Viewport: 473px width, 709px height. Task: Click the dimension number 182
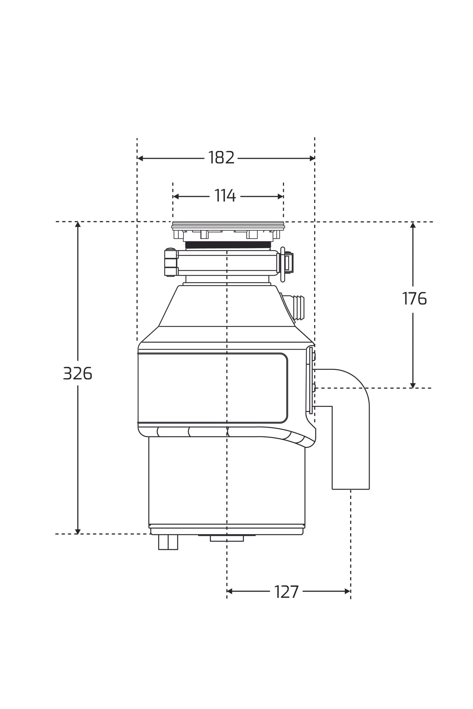click(x=222, y=158)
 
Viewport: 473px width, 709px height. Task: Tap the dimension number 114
click(x=225, y=196)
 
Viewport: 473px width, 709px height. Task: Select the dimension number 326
click(x=78, y=373)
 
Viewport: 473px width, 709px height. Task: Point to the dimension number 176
click(x=414, y=299)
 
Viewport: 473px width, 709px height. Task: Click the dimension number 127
click(x=287, y=592)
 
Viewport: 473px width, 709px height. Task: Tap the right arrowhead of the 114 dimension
click(x=281, y=196)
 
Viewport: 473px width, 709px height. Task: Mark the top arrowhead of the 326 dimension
click(x=78, y=225)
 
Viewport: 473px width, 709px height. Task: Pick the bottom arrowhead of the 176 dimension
click(x=413, y=385)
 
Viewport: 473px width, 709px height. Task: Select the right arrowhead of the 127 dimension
click(x=348, y=591)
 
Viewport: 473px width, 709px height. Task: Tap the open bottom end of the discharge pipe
click(x=350, y=488)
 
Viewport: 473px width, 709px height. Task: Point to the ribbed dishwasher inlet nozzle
click(x=299, y=307)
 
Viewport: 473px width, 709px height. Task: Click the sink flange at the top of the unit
click(x=228, y=225)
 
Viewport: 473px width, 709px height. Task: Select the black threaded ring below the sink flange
click(x=228, y=245)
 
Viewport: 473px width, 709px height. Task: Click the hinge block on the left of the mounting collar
click(x=171, y=262)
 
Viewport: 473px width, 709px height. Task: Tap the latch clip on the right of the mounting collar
click(x=287, y=263)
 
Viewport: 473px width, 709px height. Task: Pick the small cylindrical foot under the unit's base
click(x=168, y=542)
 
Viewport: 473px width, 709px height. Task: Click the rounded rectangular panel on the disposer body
click(x=213, y=388)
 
